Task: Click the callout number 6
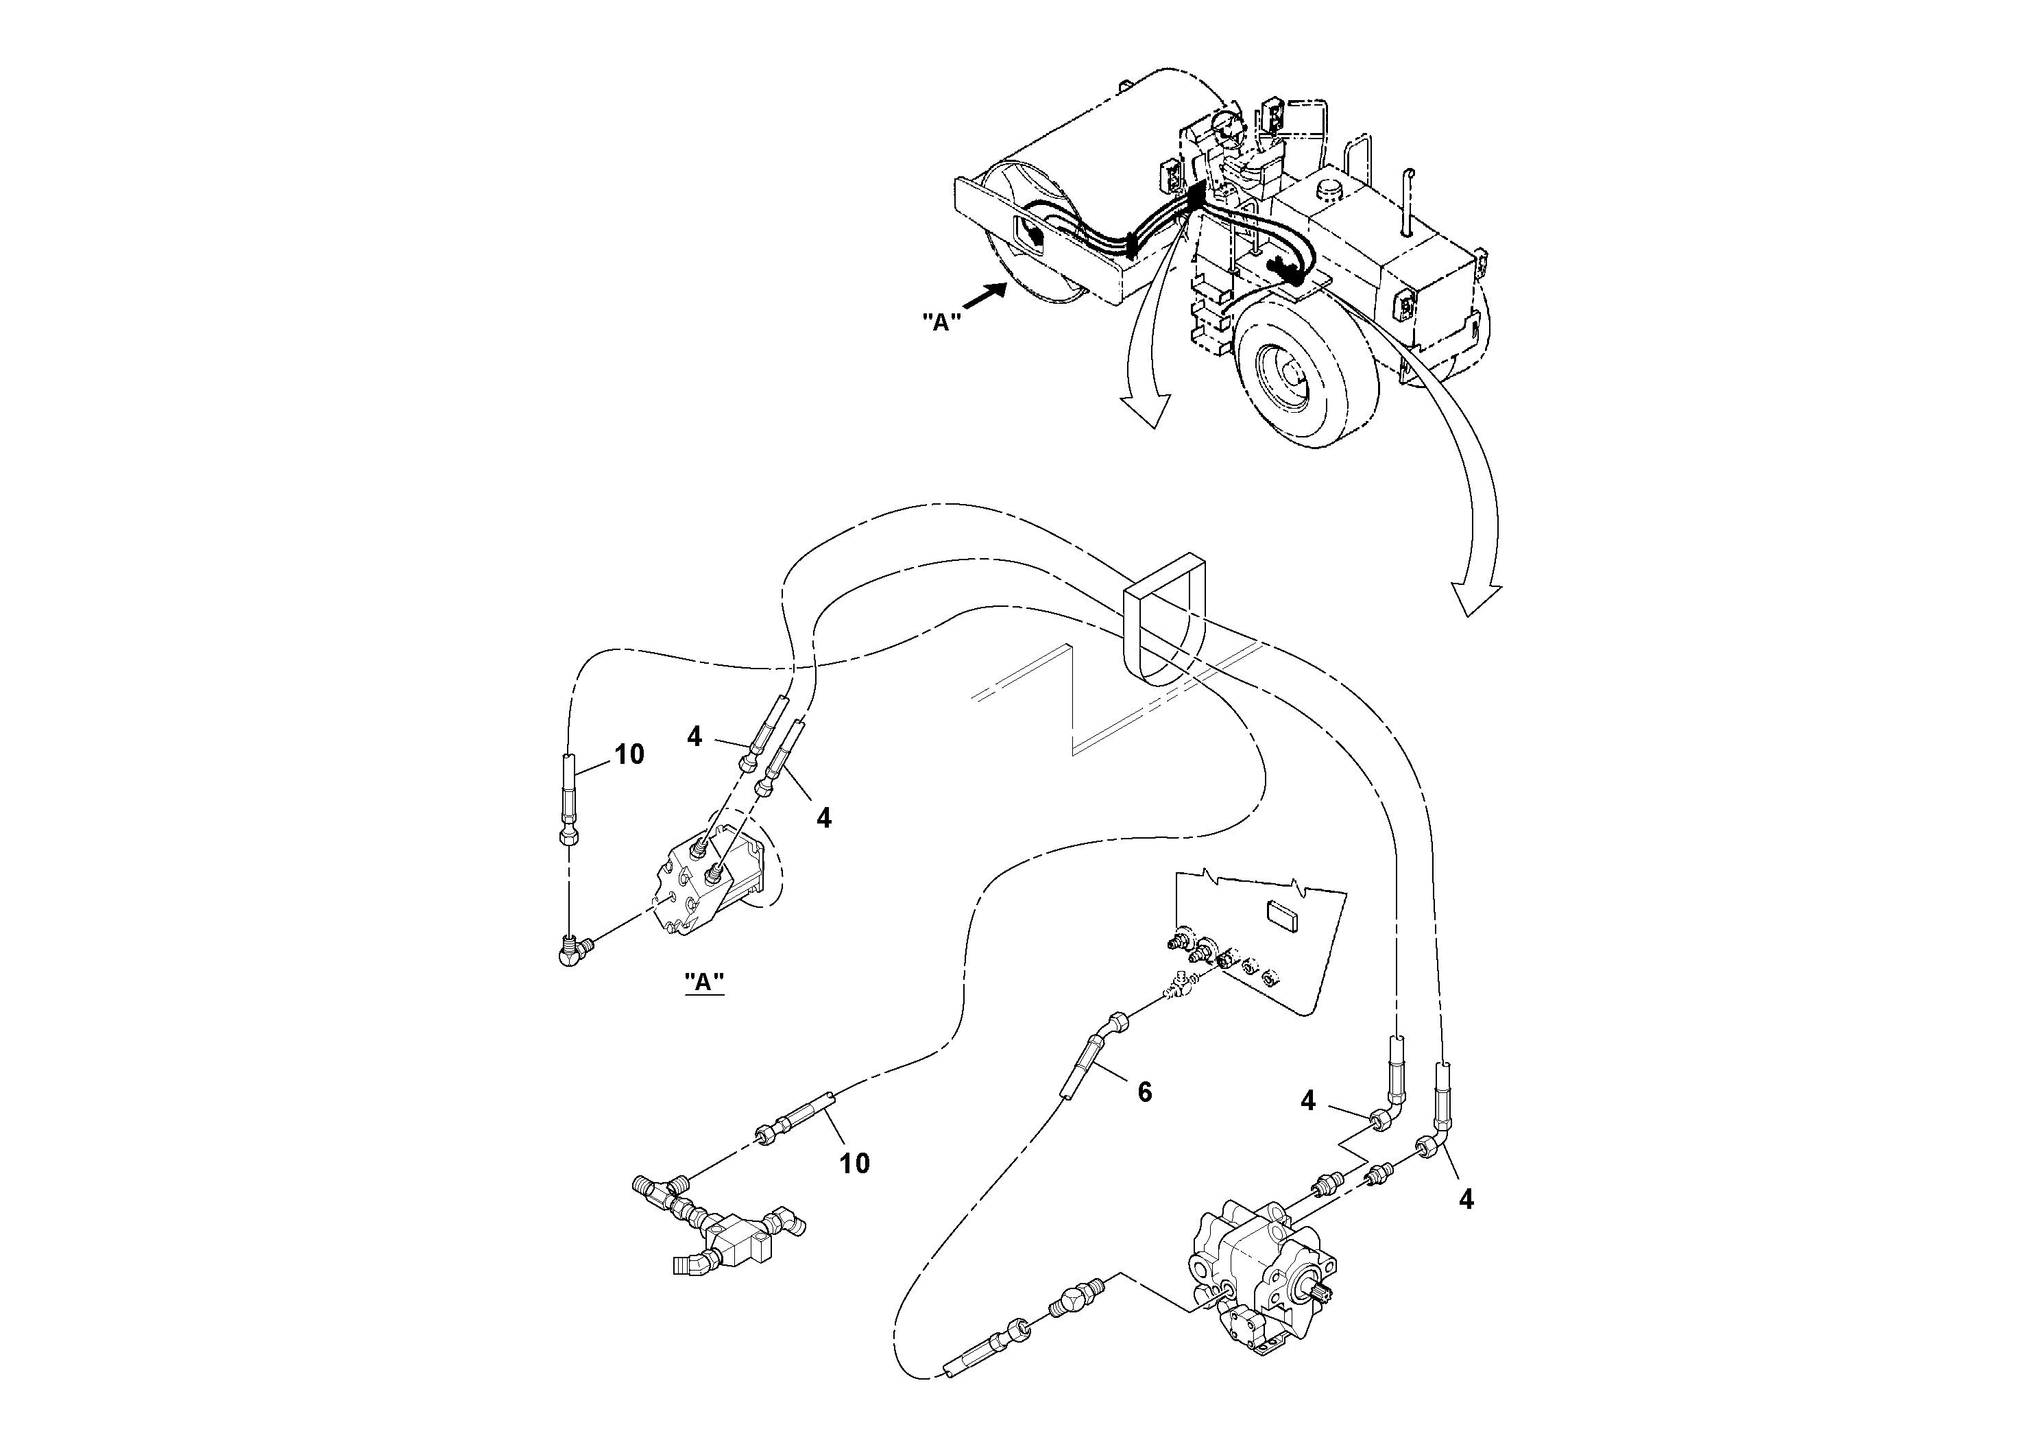pos(1144,1092)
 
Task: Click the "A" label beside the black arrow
pos(941,322)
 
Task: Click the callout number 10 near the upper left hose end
pos(629,755)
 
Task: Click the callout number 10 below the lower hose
pos(854,1163)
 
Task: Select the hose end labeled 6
pos(1086,1070)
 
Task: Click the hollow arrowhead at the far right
pos(1475,600)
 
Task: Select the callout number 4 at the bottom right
pos(1466,1200)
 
